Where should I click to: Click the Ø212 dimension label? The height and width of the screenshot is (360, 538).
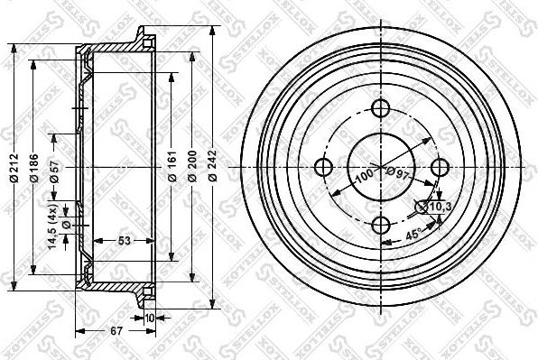click(x=13, y=166)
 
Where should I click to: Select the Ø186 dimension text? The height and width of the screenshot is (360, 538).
click(x=35, y=166)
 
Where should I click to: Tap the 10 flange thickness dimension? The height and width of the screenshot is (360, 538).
click(x=148, y=318)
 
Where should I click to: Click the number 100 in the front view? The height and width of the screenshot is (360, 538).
click(x=363, y=175)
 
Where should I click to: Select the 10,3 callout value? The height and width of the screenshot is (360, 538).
click(x=441, y=207)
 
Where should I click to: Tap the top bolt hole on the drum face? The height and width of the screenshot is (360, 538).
click(x=381, y=109)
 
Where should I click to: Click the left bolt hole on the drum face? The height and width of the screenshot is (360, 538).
click(x=322, y=168)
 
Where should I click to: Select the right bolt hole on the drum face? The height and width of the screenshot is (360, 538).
click(x=440, y=168)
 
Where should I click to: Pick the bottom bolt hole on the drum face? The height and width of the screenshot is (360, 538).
click(x=381, y=226)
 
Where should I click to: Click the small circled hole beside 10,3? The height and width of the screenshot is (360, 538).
click(x=422, y=208)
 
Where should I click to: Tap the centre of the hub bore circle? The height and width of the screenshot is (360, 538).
click(x=381, y=168)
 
